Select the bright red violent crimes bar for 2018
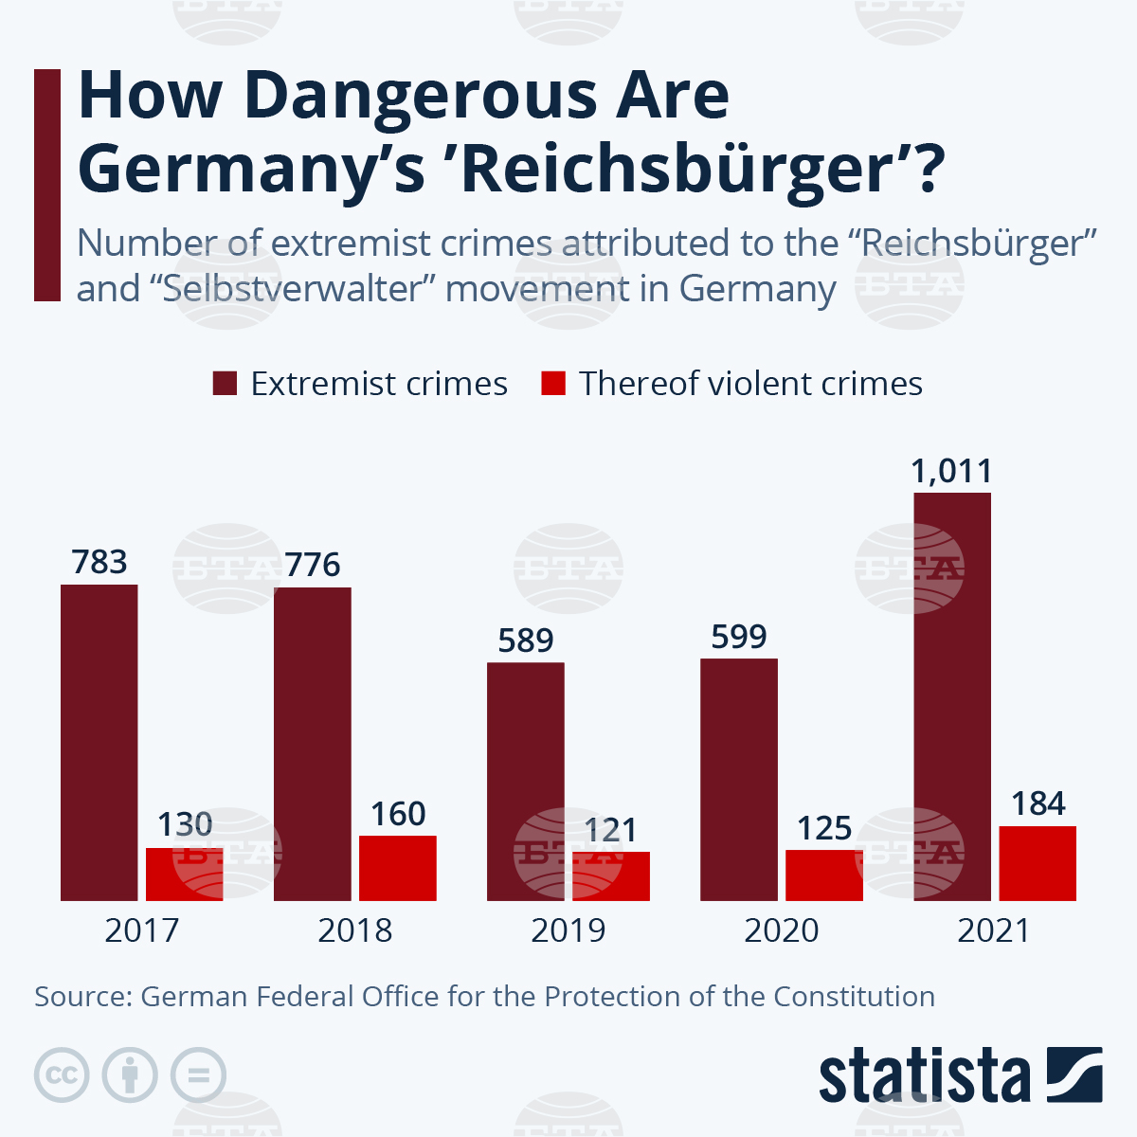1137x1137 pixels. click(398, 868)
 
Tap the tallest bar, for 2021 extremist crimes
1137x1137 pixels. click(952, 696)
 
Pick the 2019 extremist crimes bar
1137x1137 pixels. click(526, 782)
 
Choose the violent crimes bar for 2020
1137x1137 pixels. click(824, 875)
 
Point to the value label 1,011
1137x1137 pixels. click(952, 471)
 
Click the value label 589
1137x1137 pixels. click(526, 641)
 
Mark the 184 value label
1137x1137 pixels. click(1038, 804)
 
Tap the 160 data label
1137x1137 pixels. click(398, 815)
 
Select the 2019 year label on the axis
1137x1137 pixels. click(568, 930)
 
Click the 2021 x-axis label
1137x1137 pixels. click(994, 930)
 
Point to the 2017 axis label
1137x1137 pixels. click(141, 930)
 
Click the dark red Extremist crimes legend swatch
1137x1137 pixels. click(226, 384)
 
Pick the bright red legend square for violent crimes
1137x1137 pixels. click(553, 384)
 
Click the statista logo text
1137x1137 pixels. click(925, 1076)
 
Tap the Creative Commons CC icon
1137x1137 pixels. click(62, 1075)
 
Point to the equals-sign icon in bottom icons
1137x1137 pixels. click(199, 1075)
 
